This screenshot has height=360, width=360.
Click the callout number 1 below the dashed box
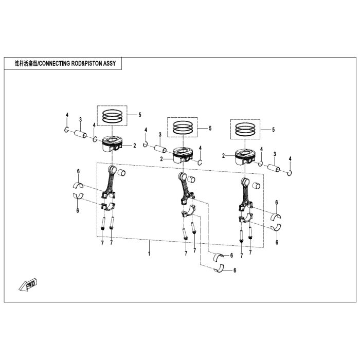point(150,254)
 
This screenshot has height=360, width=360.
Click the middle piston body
point(182,154)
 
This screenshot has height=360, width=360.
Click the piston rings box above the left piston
point(113,116)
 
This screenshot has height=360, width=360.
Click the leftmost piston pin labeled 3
point(82,136)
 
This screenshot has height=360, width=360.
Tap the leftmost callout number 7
point(102,242)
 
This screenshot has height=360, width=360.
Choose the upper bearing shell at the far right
point(276,215)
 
